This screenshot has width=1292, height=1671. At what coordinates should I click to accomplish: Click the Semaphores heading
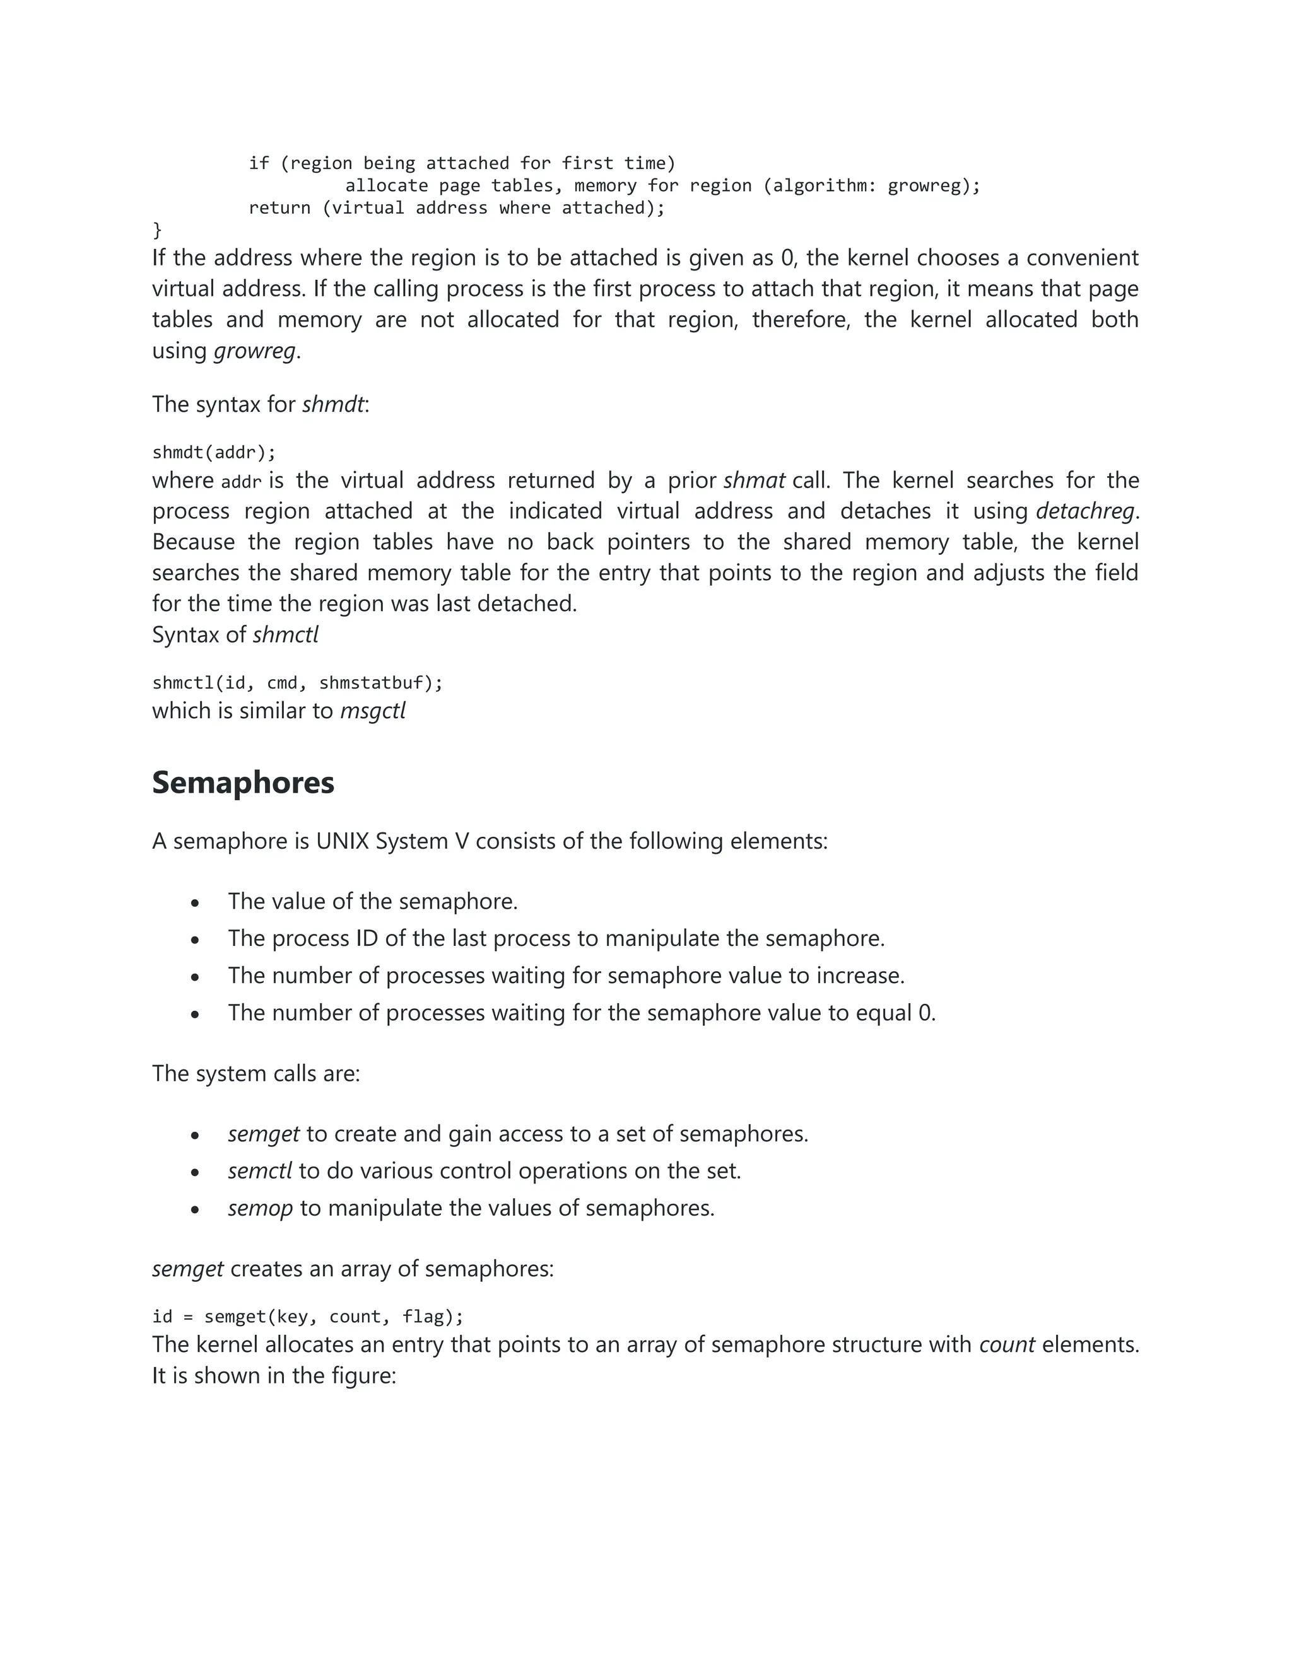(243, 783)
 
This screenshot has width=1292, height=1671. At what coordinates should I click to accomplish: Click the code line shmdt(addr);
(214, 452)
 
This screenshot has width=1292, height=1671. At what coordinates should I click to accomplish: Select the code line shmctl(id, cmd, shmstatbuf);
(297, 682)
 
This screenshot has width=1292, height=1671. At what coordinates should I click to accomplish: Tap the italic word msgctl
(373, 711)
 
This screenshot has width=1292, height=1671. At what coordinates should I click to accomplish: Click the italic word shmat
(754, 480)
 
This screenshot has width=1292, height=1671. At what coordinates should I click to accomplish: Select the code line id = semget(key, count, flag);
(308, 1316)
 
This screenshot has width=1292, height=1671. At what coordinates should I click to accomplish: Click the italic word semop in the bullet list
(261, 1208)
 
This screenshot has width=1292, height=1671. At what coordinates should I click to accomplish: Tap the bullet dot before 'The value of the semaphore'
(195, 904)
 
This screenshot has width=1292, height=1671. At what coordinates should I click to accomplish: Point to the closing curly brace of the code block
(158, 230)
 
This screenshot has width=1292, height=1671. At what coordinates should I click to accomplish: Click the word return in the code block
(279, 208)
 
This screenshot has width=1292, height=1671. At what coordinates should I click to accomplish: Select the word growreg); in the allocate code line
(934, 186)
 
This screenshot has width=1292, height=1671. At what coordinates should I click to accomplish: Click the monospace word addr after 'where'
(241, 482)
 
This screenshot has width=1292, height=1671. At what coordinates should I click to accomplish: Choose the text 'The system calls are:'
(255, 1073)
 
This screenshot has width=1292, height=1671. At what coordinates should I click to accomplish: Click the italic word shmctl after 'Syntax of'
(286, 635)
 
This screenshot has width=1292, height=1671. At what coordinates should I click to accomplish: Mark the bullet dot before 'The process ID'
(195, 940)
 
